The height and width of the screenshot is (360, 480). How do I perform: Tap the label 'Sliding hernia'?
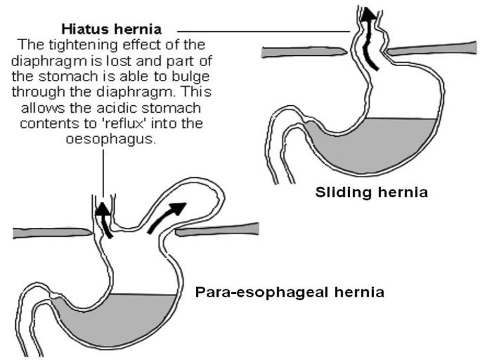[x=371, y=194]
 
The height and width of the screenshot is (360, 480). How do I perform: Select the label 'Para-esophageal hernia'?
[x=289, y=292]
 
